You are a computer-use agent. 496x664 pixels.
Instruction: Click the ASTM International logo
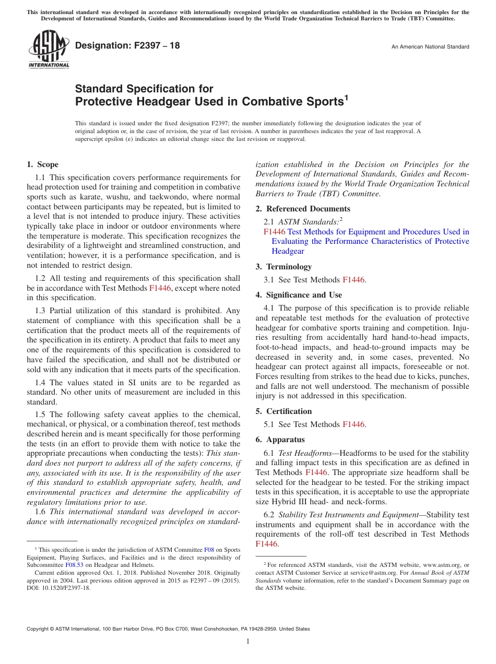tap(49, 49)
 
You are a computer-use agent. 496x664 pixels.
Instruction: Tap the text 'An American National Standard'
tap(430, 47)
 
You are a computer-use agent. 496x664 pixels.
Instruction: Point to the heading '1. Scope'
tap(42, 164)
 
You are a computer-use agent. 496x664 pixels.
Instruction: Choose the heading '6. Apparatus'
tap(280, 440)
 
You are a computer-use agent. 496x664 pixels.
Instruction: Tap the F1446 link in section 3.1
tap(353, 280)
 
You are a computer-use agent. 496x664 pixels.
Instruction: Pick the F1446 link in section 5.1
tap(353, 424)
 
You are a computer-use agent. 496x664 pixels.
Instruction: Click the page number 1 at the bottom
tap(248, 642)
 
